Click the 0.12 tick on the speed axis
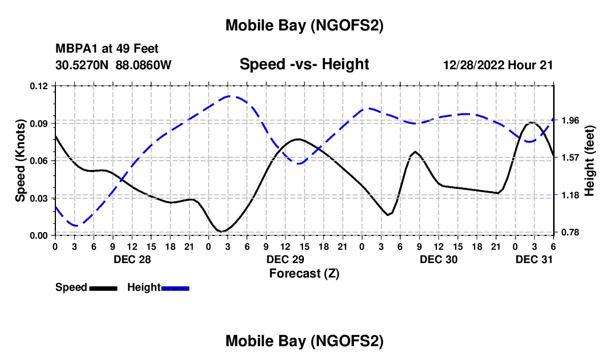pos(40,86)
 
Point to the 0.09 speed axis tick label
pos(40,123)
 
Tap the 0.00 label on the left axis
pos(40,235)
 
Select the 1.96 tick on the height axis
pos(567,120)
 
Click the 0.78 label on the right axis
pos(567,232)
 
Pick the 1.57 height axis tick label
pos(567,157)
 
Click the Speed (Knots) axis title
pos(20,161)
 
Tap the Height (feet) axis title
pos(589,161)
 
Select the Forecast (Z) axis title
pos(304,273)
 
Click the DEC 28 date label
pos(132,259)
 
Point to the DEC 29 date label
pos(285,259)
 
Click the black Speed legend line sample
pos(103,288)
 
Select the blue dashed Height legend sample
pos(175,288)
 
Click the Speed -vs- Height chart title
pos(304,64)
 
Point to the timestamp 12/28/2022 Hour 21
pos(498,65)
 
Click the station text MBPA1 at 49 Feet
pos(107,49)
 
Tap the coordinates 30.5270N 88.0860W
pos(113,65)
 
